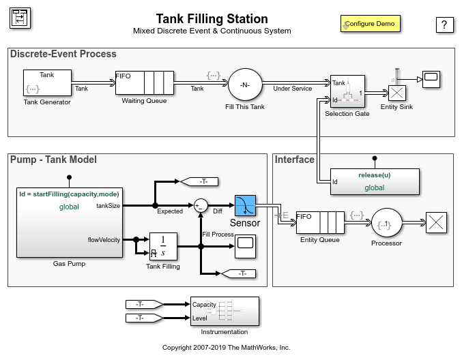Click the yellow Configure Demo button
(x=371, y=24)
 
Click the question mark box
(x=444, y=25)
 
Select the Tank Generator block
(x=47, y=82)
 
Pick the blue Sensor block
(x=244, y=206)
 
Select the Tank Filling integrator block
(x=163, y=247)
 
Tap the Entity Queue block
(x=319, y=222)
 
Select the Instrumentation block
(x=225, y=312)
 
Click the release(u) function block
(x=375, y=181)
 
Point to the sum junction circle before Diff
(x=201, y=205)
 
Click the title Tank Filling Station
(x=212, y=18)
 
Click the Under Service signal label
(x=292, y=89)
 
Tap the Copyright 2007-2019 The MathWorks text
(x=226, y=347)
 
